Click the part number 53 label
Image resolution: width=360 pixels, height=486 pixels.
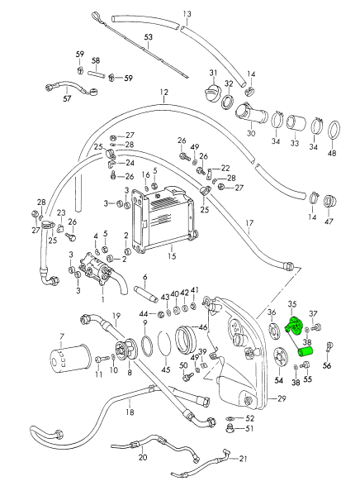pos(149,37)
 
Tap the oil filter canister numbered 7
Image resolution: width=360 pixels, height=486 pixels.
pos(69,359)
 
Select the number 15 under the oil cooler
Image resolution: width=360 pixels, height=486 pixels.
pos(172,256)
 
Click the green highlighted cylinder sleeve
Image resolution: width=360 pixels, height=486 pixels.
pos(306,352)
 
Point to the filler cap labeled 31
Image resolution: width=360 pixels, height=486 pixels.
pos(214,91)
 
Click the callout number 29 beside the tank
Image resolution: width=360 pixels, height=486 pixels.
pos(282,398)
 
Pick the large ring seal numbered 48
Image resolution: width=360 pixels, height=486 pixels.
pos(333,130)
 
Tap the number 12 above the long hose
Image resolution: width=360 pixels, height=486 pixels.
pos(164,92)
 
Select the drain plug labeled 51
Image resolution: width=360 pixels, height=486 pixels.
pos(230,429)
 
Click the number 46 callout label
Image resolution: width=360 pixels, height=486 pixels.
pos(203,326)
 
